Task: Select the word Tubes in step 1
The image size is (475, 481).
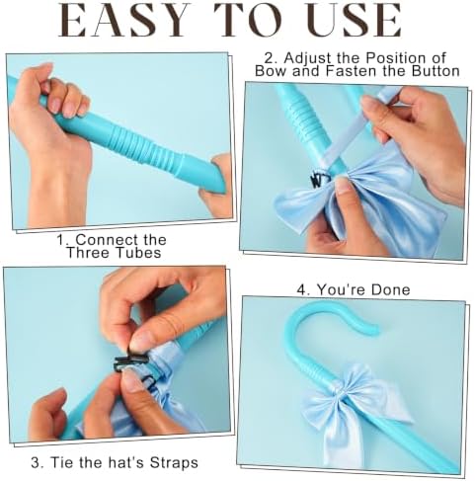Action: (x=138, y=253)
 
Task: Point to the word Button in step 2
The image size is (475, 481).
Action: (x=435, y=71)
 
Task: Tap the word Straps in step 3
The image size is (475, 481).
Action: (x=174, y=462)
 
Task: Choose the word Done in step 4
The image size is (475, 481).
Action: (x=391, y=289)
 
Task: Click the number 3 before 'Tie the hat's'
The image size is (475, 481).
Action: (x=36, y=462)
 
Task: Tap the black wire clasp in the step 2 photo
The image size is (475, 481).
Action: (x=319, y=179)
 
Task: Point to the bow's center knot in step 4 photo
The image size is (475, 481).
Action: (x=340, y=392)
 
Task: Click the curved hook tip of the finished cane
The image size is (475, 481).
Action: (x=375, y=329)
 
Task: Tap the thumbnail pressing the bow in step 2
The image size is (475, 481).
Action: (x=344, y=186)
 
